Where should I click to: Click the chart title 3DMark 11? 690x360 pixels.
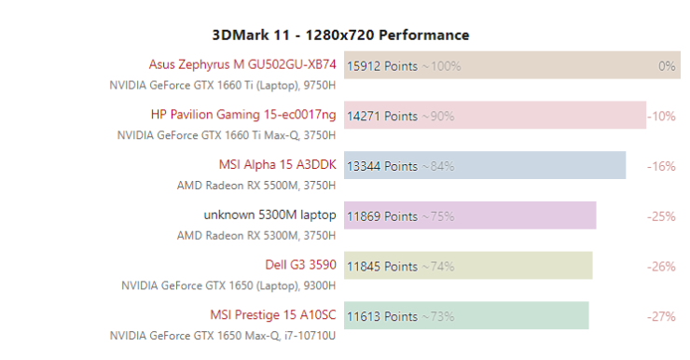click(x=340, y=35)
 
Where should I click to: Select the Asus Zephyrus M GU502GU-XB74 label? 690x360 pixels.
click(x=242, y=64)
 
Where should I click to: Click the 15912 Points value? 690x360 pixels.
click(x=382, y=66)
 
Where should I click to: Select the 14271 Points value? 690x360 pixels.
click(x=382, y=117)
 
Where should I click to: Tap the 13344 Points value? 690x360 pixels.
click(x=382, y=166)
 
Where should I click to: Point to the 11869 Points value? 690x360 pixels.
click(x=382, y=216)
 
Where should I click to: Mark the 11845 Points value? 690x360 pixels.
click(x=382, y=267)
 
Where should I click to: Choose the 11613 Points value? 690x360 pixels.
click(x=382, y=317)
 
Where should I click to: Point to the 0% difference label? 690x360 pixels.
click(x=667, y=66)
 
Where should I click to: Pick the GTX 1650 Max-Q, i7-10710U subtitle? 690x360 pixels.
click(x=223, y=335)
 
